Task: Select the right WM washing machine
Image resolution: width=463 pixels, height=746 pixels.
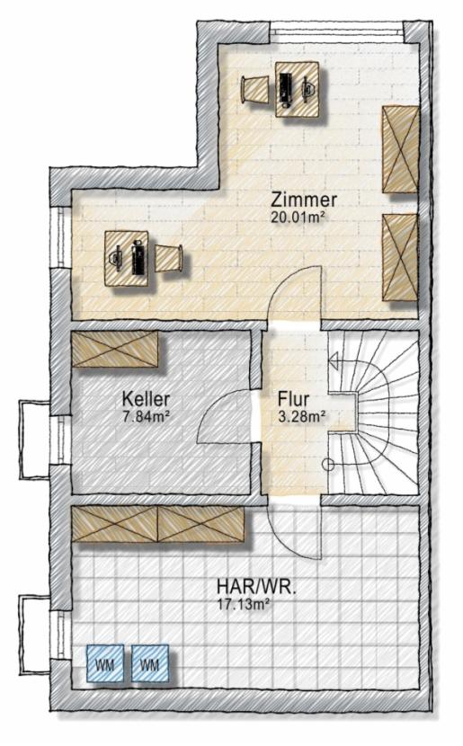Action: coord(149,665)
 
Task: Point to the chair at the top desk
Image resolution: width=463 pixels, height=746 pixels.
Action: coord(255,89)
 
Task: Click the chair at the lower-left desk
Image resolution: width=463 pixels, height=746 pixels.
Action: coord(172,259)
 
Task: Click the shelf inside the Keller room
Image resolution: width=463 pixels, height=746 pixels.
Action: coord(116,350)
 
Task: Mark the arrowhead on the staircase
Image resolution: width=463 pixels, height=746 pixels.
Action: coord(334,362)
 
